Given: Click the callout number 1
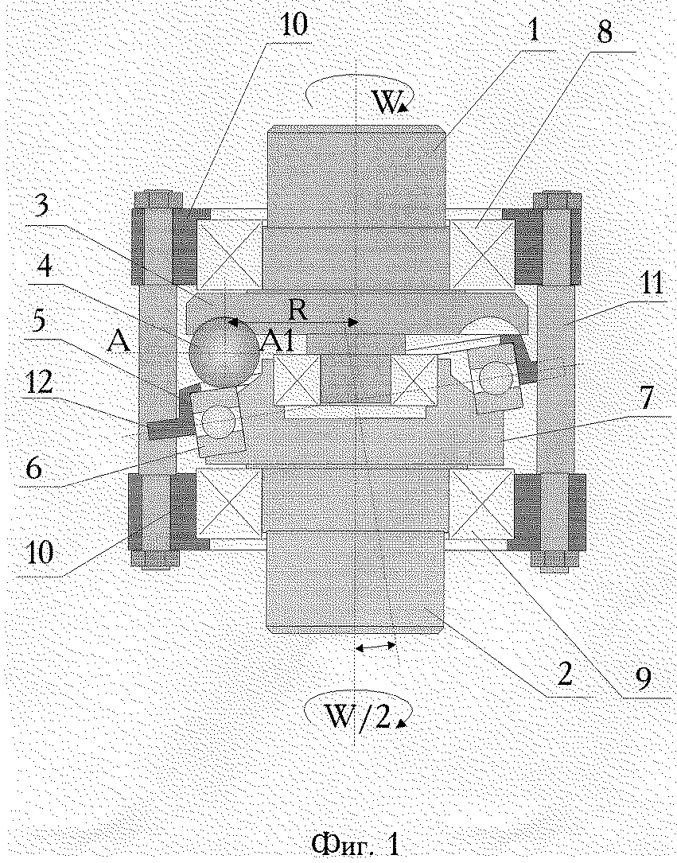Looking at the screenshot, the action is [533, 31].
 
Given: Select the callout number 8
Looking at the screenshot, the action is [605, 32].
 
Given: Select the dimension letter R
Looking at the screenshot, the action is [298, 311].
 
